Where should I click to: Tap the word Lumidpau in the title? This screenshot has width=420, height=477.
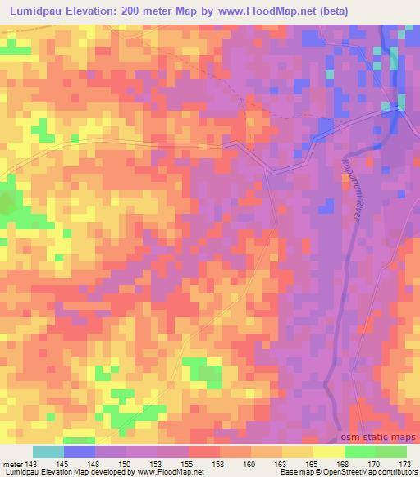click(39, 11)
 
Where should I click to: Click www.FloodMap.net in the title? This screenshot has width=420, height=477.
click(255, 11)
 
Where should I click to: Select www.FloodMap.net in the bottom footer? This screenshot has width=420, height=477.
click(170, 472)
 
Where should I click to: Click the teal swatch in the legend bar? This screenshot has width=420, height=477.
click(48, 452)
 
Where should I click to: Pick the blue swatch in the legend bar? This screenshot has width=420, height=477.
click(80, 452)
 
